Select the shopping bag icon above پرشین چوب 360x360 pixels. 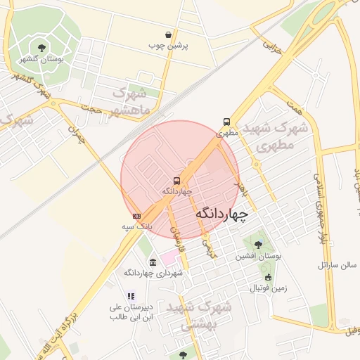click(169, 34)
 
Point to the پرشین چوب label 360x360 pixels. click(167, 46)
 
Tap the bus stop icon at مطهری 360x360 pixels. click(226, 122)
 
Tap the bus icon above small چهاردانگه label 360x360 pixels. click(176, 181)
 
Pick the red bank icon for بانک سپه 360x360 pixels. click(136, 216)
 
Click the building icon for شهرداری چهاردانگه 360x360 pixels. click(153, 262)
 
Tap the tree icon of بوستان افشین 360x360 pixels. click(258, 245)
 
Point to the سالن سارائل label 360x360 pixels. click(337, 266)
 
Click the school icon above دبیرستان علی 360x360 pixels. click(130, 296)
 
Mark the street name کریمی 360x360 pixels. click(209, 245)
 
